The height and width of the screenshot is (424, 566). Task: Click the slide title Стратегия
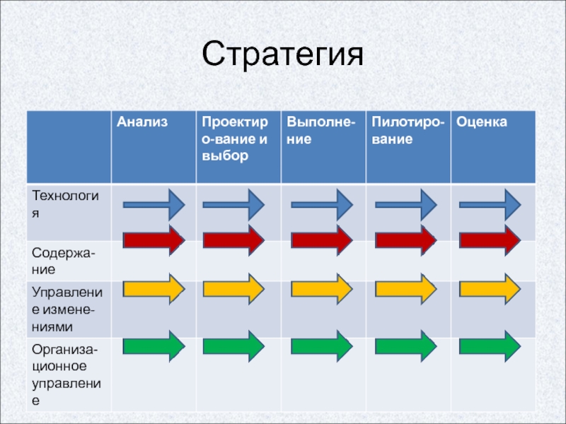point(282,54)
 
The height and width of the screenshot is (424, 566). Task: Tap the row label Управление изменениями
point(67,309)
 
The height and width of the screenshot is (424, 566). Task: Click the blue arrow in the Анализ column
point(154,205)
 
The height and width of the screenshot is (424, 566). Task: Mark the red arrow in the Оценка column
point(490,240)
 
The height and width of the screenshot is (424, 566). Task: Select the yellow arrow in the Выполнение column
point(321,289)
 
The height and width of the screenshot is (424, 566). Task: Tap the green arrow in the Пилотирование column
point(405,346)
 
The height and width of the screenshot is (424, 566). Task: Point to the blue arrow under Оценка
point(490,205)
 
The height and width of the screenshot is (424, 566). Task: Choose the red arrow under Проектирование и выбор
point(233,240)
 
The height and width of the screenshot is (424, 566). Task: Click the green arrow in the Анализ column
point(154,346)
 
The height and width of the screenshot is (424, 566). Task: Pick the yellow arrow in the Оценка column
point(490,289)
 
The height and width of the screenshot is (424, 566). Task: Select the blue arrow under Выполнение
point(321,205)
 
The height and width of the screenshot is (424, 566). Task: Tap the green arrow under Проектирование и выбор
point(233,346)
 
